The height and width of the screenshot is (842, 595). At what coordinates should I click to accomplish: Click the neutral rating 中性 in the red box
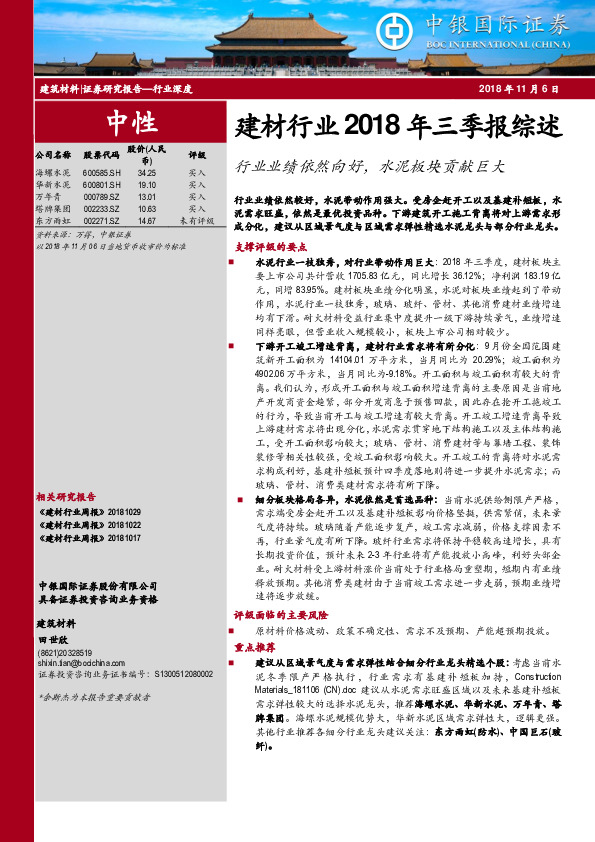tap(130, 123)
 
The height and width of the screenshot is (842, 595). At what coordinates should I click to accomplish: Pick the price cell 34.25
tap(147, 173)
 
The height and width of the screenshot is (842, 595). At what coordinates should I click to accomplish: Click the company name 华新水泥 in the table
tap(53, 185)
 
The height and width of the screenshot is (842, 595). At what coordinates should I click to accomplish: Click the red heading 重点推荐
tap(252, 646)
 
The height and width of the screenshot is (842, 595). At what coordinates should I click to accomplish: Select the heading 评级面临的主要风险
tap(279, 617)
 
